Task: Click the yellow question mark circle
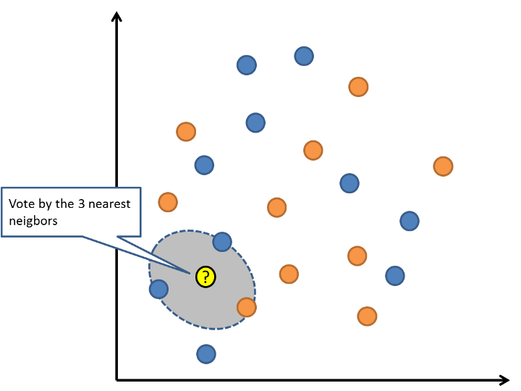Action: (206, 276)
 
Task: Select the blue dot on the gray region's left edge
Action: (158, 289)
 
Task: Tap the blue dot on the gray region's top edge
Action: (222, 241)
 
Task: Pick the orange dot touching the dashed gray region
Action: (247, 307)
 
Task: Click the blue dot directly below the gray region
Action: (206, 354)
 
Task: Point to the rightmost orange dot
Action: (443, 166)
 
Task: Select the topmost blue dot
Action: (304, 55)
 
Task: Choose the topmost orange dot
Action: (358, 87)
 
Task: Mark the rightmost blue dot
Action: (410, 220)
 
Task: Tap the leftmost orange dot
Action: (168, 201)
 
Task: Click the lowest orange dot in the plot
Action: (367, 316)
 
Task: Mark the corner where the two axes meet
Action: (117, 379)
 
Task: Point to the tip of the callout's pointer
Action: (191, 273)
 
